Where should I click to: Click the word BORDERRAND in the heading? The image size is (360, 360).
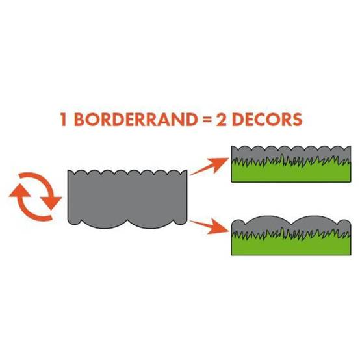click(136, 119)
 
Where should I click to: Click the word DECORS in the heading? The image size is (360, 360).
click(267, 119)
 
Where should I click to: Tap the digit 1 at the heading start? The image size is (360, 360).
click(64, 119)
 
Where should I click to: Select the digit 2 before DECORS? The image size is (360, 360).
click(222, 119)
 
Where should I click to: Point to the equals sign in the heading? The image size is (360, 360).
click(207, 120)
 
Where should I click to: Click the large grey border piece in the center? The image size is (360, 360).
click(127, 199)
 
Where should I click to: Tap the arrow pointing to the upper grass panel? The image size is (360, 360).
click(209, 166)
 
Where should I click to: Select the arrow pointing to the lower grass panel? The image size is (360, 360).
click(209, 226)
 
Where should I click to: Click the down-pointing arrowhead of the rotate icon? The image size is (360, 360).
click(51, 203)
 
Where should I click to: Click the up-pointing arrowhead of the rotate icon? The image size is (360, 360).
click(19, 190)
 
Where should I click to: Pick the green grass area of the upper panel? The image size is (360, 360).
click(291, 171)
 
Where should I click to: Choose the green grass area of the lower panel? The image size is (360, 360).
click(291, 244)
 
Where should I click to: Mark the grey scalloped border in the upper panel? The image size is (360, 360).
click(291, 153)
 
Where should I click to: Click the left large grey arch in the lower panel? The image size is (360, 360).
click(268, 224)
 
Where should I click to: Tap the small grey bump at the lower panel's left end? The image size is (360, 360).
click(238, 225)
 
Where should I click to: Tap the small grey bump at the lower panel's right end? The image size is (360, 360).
click(345, 225)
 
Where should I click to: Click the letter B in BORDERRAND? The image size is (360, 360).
click(79, 119)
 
